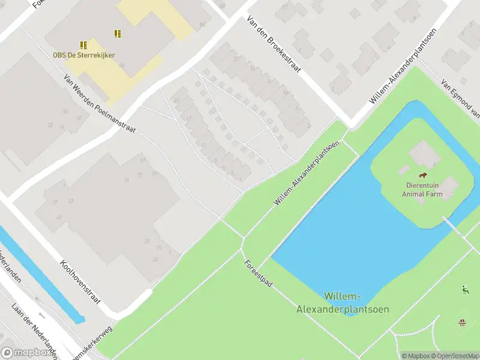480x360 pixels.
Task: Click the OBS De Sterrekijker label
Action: point(83,55)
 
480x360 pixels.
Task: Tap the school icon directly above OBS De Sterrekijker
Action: point(83,45)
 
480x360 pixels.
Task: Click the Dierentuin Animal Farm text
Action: point(422,190)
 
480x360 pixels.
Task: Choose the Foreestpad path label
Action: point(258,272)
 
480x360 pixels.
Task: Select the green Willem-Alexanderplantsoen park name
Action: point(343,303)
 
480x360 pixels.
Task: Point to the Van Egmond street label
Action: point(461,100)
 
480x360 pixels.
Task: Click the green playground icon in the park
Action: point(464,290)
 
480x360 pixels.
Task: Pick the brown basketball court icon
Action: point(462,323)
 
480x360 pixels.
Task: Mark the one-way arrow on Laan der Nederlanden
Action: point(41,316)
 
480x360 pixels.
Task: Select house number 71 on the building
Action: point(127,180)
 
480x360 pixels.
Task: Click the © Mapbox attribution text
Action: point(416,356)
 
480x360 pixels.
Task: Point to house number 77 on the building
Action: point(140,175)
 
